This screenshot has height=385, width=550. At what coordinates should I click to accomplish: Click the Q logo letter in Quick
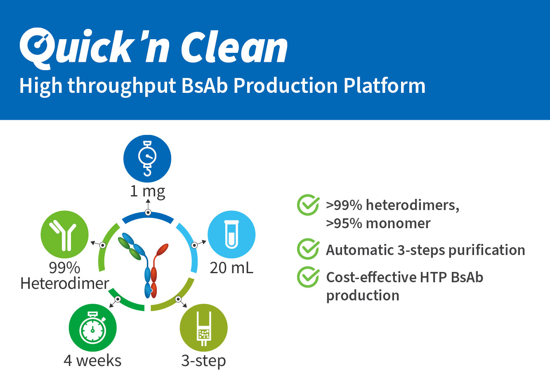pyautogui.click(x=37, y=48)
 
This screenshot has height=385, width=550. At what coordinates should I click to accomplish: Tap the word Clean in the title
pyautogui.click(x=234, y=47)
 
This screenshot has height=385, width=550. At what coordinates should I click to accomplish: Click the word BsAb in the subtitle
pyautogui.click(x=205, y=86)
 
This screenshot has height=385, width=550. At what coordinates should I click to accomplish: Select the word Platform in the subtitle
pyautogui.click(x=385, y=86)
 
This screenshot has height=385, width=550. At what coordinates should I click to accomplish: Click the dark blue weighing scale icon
pyautogui.click(x=147, y=158)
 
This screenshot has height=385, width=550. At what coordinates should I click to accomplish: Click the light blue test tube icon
pyautogui.click(x=231, y=234)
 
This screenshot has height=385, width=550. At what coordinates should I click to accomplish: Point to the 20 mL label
pyautogui.click(x=231, y=268)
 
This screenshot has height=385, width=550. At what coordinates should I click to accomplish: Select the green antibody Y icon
pyautogui.click(x=64, y=234)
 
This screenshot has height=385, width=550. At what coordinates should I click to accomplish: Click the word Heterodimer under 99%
pyautogui.click(x=65, y=283)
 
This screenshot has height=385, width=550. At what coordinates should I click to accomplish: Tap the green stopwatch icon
pyautogui.click(x=93, y=328)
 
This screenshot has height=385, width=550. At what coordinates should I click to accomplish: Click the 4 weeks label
pyautogui.click(x=92, y=361)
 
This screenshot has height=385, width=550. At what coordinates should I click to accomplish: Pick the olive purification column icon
pyautogui.click(x=203, y=328)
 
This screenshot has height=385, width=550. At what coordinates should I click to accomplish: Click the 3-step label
pyautogui.click(x=203, y=361)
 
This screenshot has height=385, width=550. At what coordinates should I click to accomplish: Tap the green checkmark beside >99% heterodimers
pyautogui.click(x=308, y=205)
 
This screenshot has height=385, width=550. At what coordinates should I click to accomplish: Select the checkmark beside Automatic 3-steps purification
pyautogui.click(x=308, y=249)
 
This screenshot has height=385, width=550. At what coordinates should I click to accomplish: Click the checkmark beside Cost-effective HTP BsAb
pyautogui.click(x=308, y=277)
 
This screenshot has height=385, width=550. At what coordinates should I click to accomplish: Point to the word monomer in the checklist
pyautogui.click(x=398, y=223)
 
